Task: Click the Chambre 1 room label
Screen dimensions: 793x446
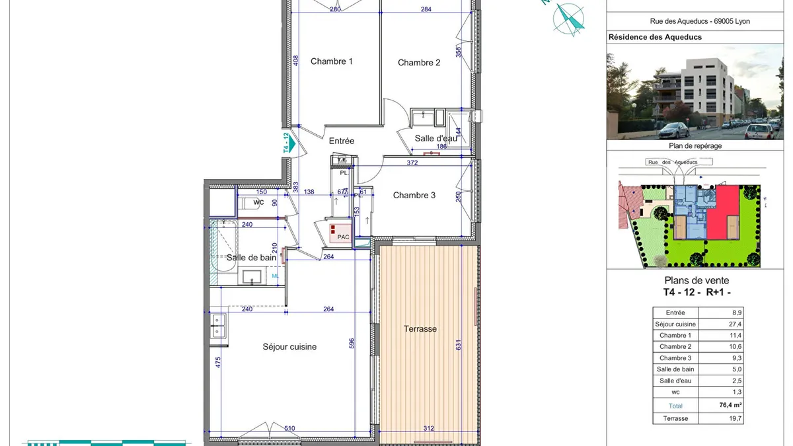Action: click(x=332, y=61)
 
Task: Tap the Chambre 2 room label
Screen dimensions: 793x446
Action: click(x=419, y=63)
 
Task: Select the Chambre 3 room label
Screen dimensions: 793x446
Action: click(x=414, y=196)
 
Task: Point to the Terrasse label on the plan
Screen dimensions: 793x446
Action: click(x=420, y=329)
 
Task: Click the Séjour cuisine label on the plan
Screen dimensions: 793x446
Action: click(x=289, y=347)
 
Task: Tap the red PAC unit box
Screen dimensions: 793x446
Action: click(x=340, y=233)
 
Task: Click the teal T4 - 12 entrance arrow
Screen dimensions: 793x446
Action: click(x=291, y=143)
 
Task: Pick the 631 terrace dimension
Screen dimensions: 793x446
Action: click(x=459, y=345)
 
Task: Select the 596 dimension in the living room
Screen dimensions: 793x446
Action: click(x=352, y=344)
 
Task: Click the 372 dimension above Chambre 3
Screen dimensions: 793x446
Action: click(x=412, y=163)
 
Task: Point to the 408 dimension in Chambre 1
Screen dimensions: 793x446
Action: click(x=295, y=60)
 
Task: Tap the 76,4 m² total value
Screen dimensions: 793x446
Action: click(x=730, y=405)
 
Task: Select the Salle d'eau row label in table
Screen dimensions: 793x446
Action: click(x=675, y=381)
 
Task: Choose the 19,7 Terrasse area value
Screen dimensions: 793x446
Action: click(x=736, y=419)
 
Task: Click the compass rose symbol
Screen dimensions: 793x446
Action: click(x=568, y=19)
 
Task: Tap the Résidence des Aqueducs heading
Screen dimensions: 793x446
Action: click(x=655, y=37)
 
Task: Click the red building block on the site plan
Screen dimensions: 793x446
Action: click(x=723, y=211)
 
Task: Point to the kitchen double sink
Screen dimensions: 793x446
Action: click(x=217, y=326)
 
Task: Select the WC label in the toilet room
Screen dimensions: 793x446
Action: click(x=258, y=202)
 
